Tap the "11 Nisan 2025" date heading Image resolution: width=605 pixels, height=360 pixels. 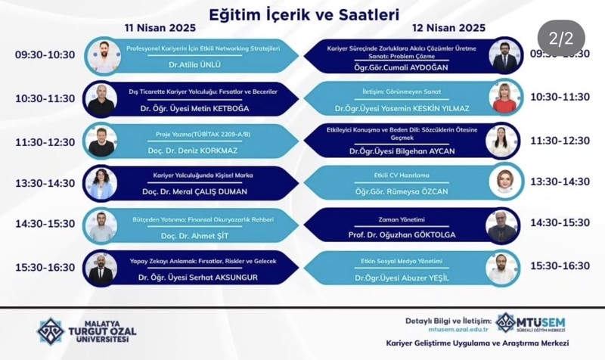pyautogui.click(x=161, y=29)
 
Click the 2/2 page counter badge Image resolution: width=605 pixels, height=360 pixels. pyautogui.click(x=561, y=37)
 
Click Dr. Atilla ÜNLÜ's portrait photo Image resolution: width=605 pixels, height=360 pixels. pyautogui.click(x=102, y=55)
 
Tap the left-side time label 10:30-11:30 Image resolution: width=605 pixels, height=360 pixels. pyautogui.click(x=45, y=98)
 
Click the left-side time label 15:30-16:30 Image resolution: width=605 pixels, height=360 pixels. pyautogui.click(x=45, y=266)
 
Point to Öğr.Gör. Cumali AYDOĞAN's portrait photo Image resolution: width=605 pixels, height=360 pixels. pyautogui.click(x=503, y=55)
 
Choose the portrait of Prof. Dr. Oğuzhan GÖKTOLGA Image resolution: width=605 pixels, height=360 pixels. pyautogui.click(x=503, y=225)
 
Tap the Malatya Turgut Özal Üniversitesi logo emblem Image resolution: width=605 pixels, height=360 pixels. pyautogui.click(x=51, y=331)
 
